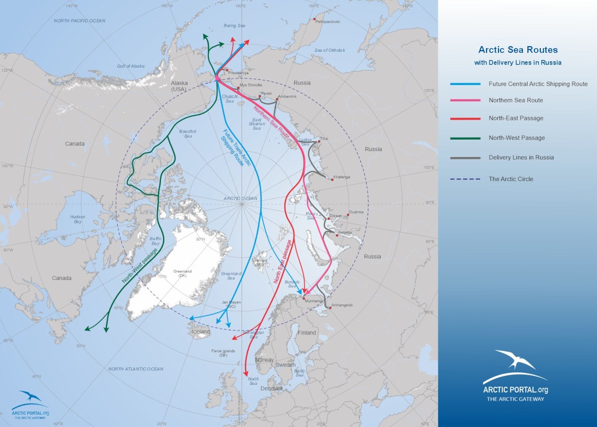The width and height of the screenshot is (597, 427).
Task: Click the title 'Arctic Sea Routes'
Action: [x=518, y=50]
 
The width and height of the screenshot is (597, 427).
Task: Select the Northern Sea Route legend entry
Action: [x=515, y=100]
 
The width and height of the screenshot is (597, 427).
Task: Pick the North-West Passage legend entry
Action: [x=516, y=138]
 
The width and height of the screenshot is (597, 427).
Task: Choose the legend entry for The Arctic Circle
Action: [x=511, y=179]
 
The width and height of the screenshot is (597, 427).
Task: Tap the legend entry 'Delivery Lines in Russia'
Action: [x=521, y=158]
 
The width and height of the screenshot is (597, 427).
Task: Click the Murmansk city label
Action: [x=314, y=301]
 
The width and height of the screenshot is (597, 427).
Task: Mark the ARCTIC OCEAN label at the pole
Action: [x=240, y=198]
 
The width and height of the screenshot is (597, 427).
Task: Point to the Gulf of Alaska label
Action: [x=130, y=66]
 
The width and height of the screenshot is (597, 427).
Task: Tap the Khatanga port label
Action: [x=342, y=177]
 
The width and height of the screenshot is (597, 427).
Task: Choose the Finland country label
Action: [x=307, y=333]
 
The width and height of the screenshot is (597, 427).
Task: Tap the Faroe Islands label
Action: [x=223, y=353]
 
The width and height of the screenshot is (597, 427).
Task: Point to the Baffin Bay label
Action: [x=155, y=241]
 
